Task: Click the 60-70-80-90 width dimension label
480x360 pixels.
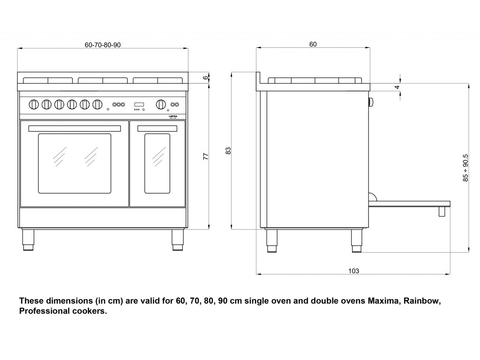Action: point(103,45)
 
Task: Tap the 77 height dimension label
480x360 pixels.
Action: point(205,157)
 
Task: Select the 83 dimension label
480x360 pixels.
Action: point(228,151)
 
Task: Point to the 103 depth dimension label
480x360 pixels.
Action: point(353,270)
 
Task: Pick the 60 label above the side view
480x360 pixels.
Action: point(313,45)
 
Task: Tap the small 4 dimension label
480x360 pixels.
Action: point(397,87)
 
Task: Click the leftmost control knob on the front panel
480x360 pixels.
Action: point(34,104)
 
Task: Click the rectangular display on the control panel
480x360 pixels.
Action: point(139,104)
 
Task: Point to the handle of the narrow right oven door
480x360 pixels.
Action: point(157,128)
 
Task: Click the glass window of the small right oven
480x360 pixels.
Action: point(157,163)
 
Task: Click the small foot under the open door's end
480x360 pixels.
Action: point(442,211)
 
